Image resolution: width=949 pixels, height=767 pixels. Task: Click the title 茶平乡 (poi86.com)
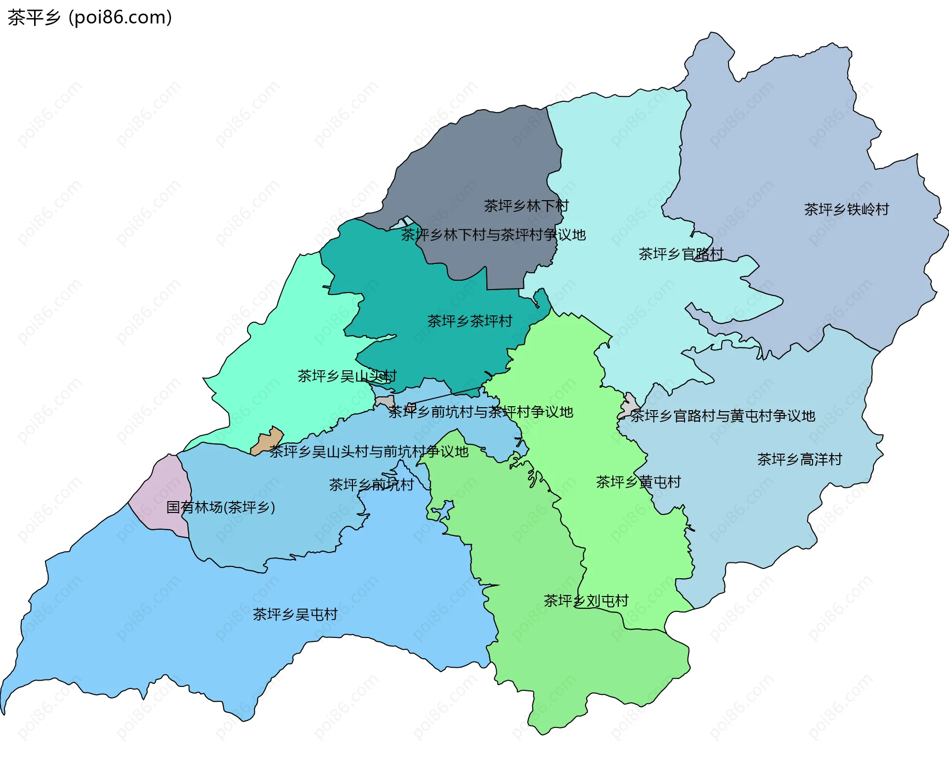(x=89, y=17)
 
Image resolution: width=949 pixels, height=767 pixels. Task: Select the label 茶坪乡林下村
(x=526, y=206)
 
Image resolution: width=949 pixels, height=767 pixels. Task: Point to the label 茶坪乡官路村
(x=681, y=254)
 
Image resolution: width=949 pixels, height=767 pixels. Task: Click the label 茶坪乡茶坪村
(x=469, y=321)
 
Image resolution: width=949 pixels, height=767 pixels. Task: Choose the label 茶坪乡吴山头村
(x=346, y=376)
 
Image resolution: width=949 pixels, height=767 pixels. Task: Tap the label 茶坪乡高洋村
(x=799, y=460)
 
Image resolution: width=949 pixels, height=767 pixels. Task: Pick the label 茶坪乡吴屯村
(x=295, y=614)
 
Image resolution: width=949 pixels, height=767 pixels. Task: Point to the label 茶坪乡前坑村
(x=371, y=485)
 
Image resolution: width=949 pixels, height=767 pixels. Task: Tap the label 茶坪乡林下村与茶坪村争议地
(x=493, y=235)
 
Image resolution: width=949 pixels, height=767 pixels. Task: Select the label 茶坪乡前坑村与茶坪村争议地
(x=480, y=412)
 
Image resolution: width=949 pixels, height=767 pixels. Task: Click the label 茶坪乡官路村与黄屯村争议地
(x=722, y=416)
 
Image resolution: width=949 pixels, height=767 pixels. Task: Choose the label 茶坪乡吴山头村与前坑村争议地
(x=369, y=451)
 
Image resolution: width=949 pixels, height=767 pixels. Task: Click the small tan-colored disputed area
(x=268, y=440)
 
